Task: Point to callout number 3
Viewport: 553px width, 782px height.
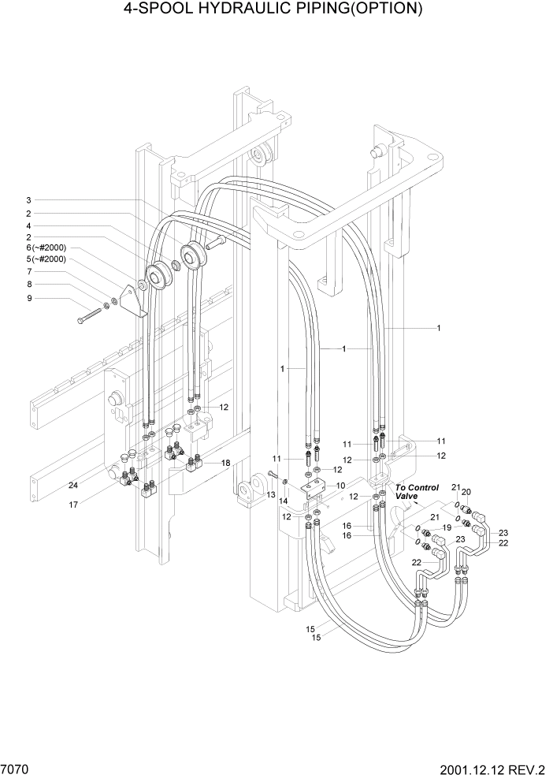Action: click(28, 200)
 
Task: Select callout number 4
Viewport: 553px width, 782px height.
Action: click(28, 225)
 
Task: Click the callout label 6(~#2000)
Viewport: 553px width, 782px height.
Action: click(46, 247)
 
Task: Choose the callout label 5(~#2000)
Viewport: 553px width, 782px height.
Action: click(46, 259)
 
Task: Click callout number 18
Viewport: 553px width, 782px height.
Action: click(225, 463)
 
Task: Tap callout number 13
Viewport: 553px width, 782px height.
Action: click(270, 494)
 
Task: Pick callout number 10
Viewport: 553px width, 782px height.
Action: click(340, 486)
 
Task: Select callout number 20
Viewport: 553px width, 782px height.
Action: click(466, 491)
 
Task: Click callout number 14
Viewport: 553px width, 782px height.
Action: click(282, 501)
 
